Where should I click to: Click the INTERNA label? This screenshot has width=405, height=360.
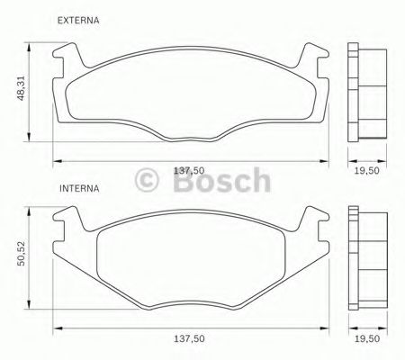(78, 190)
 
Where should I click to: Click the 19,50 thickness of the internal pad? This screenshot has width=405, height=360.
(364, 340)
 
